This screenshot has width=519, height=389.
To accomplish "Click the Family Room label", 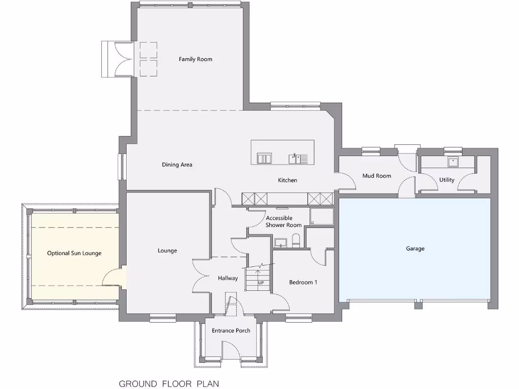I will click(x=195, y=59).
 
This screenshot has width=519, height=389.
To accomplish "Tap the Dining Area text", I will click(x=177, y=165).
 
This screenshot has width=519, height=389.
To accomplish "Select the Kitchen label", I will click(x=287, y=180).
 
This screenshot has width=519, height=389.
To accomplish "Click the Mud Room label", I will click(x=377, y=176).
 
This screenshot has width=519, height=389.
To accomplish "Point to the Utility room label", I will click(x=447, y=180).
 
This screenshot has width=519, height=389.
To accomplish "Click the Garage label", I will click(x=415, y=249).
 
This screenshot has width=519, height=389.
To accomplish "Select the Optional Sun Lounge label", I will click(x=74, y=253).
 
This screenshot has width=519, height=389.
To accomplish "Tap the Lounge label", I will click(x=167, y=251).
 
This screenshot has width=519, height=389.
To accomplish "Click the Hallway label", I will click(x=228, y=278).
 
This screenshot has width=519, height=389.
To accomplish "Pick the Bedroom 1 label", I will click(x=303, y=282).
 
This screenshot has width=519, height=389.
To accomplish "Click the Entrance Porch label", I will click(x=231, y=331).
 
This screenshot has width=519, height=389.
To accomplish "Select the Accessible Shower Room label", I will click(x=283, y=222).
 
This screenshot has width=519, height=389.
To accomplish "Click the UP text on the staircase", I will click(x=261, y=283).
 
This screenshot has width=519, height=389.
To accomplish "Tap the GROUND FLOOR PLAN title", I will click(x=169, y=383).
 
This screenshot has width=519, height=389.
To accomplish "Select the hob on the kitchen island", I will click(x=264, y=159).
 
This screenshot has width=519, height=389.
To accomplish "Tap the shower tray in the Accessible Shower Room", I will click(x=322, y=216).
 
